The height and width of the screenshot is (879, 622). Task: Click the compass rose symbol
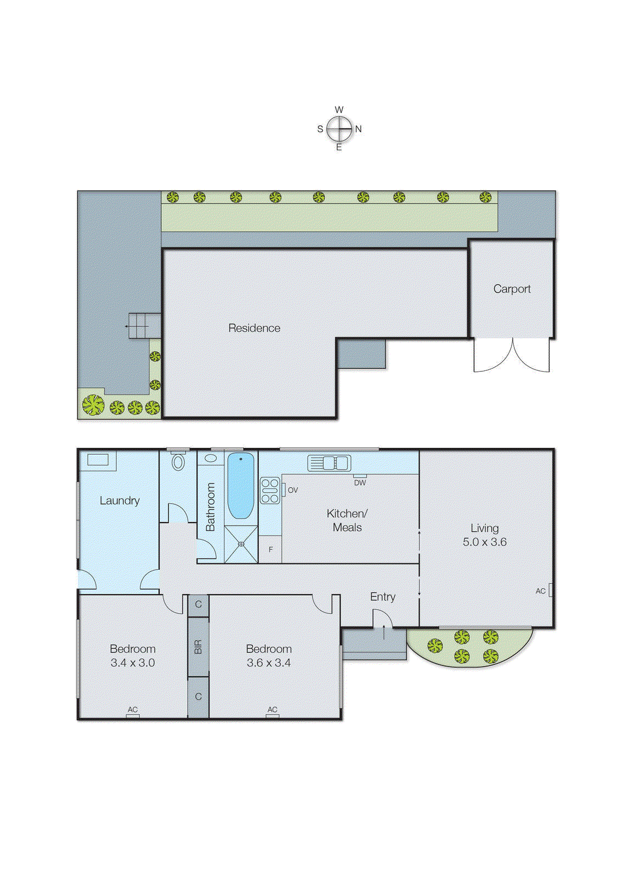click(339, 129)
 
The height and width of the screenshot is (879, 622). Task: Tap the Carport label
click(512, 289)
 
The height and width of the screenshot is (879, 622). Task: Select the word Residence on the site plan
click(254, 328)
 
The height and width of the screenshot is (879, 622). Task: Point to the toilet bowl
click(178, 461)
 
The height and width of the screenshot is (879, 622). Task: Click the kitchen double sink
click(329, 463)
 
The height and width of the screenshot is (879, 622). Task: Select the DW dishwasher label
click(360, 483)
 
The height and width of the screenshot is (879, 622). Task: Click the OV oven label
click(293, 490)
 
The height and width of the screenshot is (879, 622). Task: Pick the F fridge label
click(271, 549)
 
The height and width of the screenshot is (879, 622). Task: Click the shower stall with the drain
click(240, 544)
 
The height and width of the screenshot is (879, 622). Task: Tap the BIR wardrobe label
click(198, 647)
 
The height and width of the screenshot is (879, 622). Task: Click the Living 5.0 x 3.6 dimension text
click(484, 542)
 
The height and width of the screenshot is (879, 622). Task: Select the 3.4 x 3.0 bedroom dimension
click(132, 663)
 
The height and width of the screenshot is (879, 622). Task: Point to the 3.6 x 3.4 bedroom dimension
click(268, 663)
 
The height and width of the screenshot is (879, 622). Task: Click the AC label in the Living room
click(541, 591)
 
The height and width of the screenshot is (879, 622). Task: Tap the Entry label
click(382, 597)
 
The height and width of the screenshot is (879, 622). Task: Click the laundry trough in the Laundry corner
click(98, 460)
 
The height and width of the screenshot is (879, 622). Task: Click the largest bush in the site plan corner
click(93, 405)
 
